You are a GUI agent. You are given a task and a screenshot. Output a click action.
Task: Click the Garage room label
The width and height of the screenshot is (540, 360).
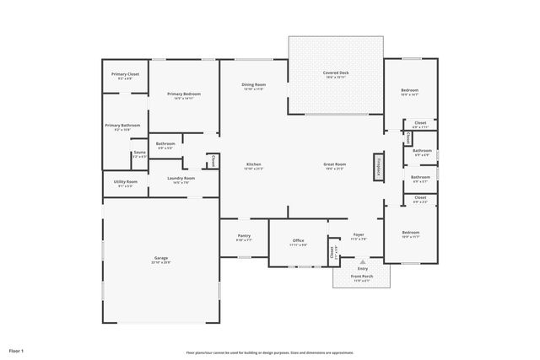(x=160, y=258)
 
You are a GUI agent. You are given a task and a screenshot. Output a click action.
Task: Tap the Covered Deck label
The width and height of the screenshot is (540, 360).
(x=335, y=73)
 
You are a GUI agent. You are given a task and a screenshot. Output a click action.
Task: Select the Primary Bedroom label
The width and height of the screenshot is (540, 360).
(x=181, y=94)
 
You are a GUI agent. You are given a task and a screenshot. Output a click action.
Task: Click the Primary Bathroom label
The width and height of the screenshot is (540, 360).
(x=122, y=126)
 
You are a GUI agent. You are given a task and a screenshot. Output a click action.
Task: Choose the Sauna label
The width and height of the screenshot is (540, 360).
(x=139, y=153)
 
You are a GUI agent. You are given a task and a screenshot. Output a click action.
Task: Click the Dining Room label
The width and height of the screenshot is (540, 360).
(x=254, y=85)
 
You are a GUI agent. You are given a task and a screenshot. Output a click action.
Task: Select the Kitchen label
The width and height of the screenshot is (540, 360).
(x=253, y=164)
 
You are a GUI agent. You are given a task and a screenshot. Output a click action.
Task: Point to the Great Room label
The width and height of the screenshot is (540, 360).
(x=335, y=164)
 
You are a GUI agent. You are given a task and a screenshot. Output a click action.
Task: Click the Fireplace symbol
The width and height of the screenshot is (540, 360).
(x=379, y=166)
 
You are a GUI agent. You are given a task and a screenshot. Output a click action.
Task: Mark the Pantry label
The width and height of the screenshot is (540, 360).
(x=243, y=237)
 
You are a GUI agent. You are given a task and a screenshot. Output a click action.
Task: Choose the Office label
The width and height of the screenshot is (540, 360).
(x=298, y=241)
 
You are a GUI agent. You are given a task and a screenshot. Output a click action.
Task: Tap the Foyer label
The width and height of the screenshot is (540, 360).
(x=359, y=235)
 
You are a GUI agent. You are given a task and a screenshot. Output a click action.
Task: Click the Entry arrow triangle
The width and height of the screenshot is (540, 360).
(x=363, y=261)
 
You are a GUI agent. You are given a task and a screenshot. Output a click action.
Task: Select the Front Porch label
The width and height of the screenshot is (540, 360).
(x=363, y=277)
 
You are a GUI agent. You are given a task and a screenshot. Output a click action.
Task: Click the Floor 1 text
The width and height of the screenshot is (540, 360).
(x=17, y=349)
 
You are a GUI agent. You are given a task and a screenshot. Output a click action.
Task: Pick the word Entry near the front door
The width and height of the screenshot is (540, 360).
(x=363, y=268)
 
